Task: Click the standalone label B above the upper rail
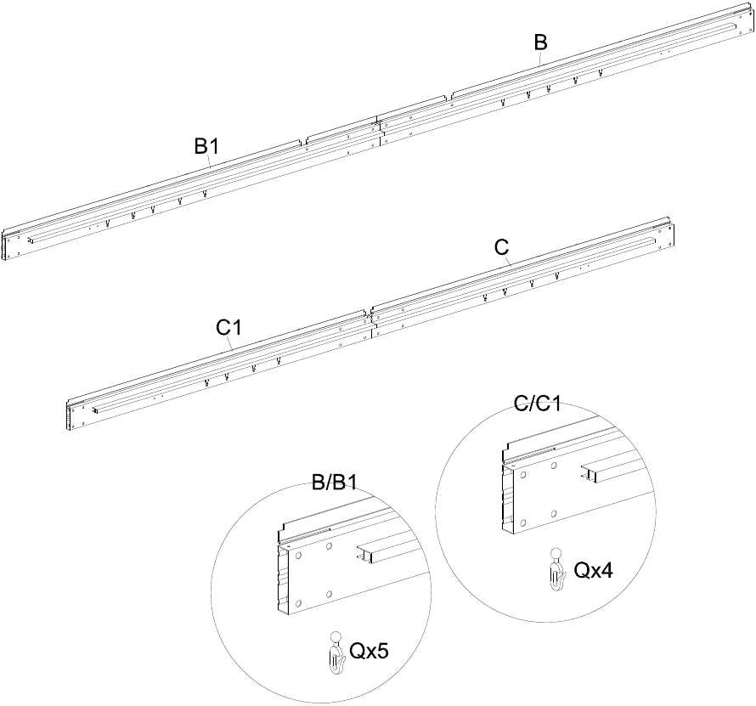(540, 42)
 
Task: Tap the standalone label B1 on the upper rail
(206, 146)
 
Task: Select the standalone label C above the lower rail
(501, 247)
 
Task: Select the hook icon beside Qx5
(336, 653)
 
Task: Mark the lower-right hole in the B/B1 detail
(329, 594)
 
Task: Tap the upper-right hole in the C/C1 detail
(554, 466)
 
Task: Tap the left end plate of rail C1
(72, 415)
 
